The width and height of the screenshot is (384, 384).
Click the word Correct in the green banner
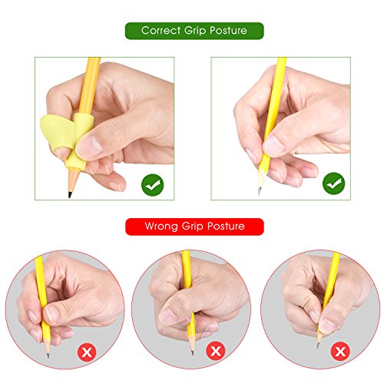tap(161, 31)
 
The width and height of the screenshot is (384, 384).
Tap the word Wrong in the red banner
tap(161, 227)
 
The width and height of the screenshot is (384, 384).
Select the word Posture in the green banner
tap(228, 31)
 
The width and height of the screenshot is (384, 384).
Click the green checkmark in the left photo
tap(153, 185)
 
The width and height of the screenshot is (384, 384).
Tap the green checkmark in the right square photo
tap(334, 184)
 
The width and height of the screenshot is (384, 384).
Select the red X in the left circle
tap(87, 353)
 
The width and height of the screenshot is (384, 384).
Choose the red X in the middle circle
tap(216, 350)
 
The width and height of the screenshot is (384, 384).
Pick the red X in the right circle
tap(340, 352)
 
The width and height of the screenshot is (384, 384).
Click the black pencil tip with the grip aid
tap(70, 194)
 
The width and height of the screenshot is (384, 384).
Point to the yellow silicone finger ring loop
tap(57, 133)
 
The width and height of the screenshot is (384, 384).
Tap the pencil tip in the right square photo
tap(259, 191)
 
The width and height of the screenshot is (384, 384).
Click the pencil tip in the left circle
tap(48, 355)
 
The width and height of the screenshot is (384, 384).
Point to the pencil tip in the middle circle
tap(192, 353)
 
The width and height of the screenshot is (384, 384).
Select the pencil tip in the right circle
tap(318, 346)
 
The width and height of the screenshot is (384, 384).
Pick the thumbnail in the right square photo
tap(273, 146)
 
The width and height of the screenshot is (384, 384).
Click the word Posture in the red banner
tap(226, 227)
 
